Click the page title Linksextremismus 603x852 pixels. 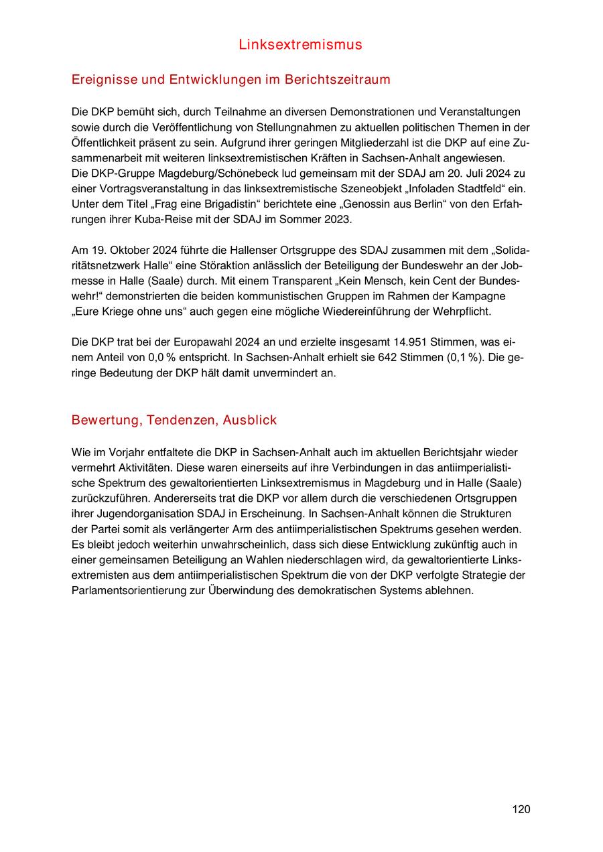coord(300,45)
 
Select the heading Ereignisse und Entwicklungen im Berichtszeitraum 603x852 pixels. coord(230,80)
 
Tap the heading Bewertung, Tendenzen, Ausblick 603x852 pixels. coord(174,420)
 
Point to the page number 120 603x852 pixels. coord(521,809)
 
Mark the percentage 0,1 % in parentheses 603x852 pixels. coord(465,358)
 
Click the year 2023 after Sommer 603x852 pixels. coord(336,219)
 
